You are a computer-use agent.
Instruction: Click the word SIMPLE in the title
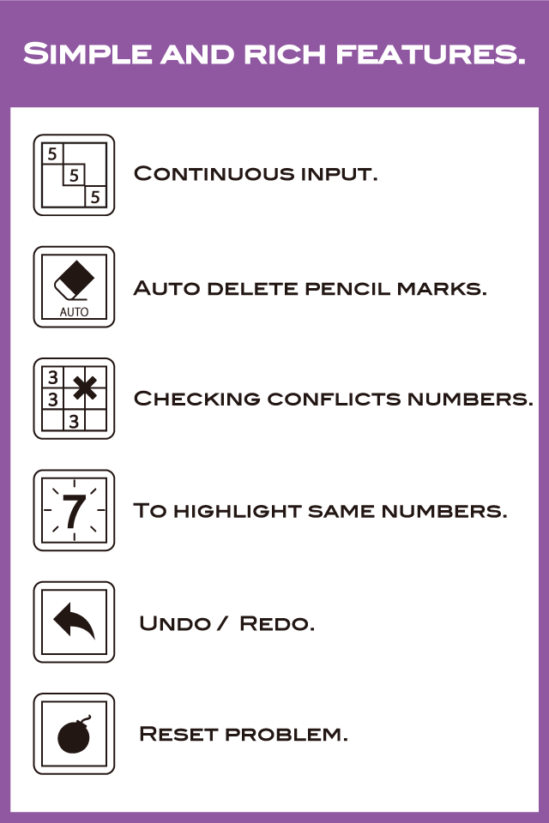(x=87, y=53)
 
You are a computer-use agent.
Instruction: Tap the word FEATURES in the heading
(x=431, y=53)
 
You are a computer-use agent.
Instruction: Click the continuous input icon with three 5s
(x=74, y=175)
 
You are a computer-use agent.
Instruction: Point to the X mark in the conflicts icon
(x=85, y=387)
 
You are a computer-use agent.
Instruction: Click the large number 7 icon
(x=74, y=511)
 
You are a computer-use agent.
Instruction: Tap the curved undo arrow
(x=74, y=621)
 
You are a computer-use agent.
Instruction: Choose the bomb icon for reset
(x=74, y=734)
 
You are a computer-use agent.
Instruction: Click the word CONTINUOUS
(x=214, y=174)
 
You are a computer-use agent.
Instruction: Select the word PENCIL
(x=347, y=288)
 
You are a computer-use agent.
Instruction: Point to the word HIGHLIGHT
(x=237, y=511)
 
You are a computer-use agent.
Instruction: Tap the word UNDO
(x=174, y=623)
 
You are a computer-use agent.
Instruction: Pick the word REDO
(x=277, y=623)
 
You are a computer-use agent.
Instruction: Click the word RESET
(x=178, y=734)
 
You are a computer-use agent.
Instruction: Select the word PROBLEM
(x=287, y=734)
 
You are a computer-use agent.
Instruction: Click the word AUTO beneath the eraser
(x=74, y=312)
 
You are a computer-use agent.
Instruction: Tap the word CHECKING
(x=197, y=399)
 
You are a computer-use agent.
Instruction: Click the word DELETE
(x=253, y=288)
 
